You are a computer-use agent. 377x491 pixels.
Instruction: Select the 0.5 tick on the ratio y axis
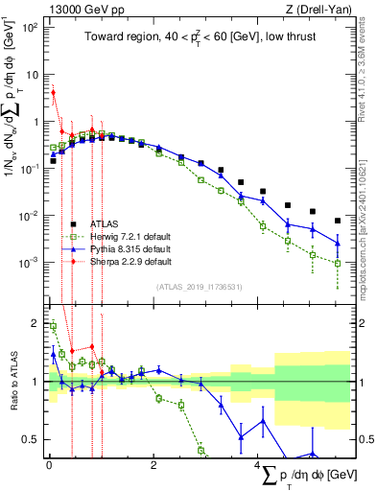32,439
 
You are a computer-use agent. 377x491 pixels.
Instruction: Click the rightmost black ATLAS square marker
338,221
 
